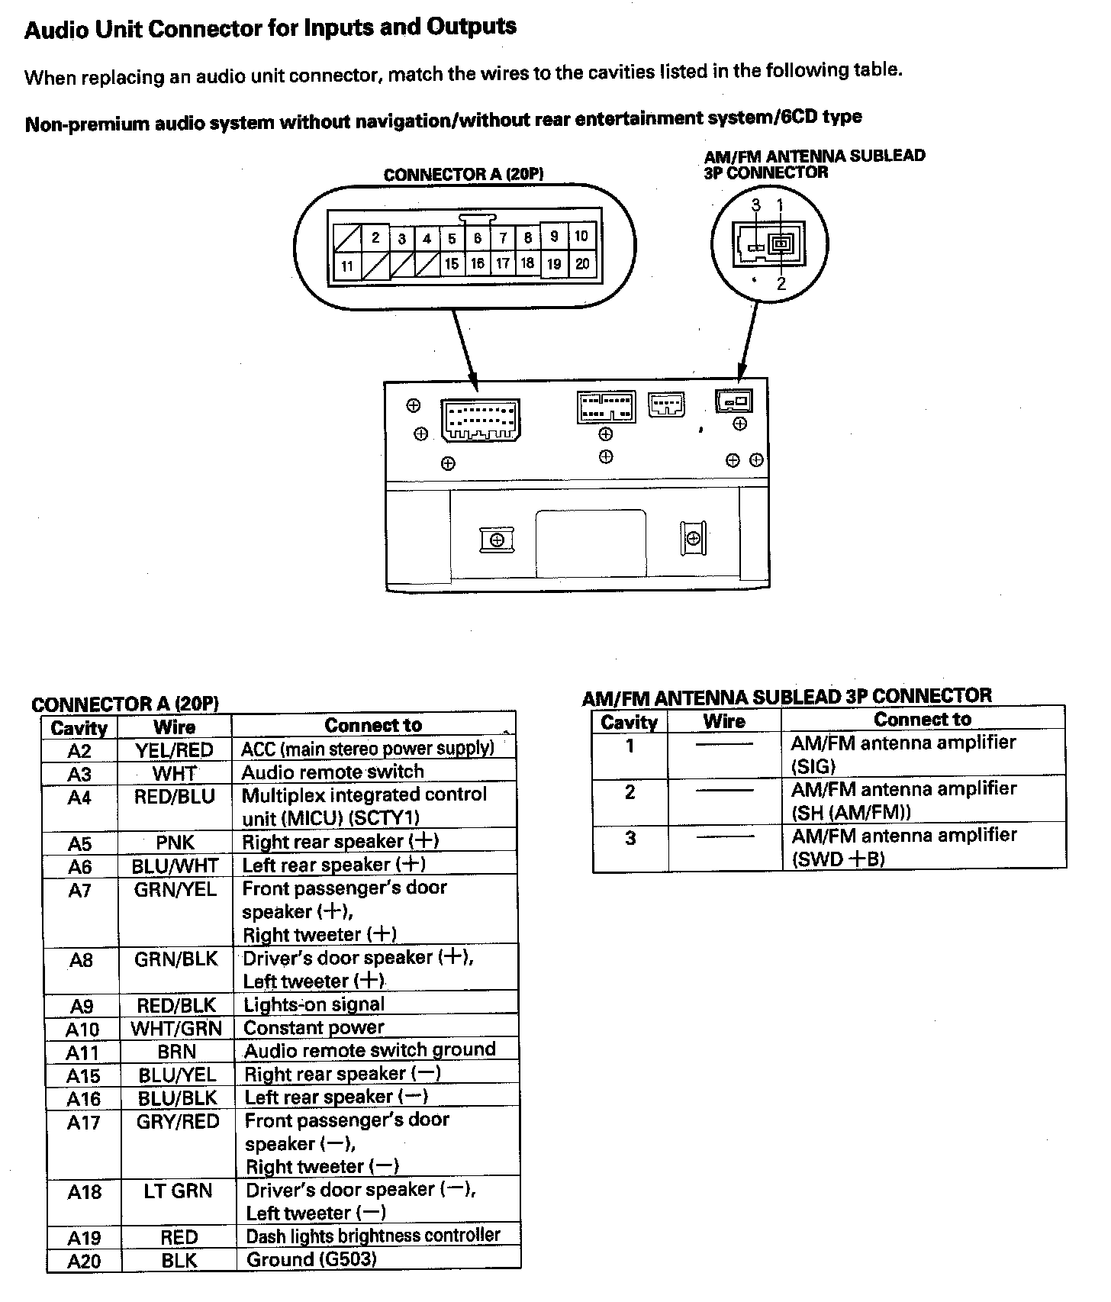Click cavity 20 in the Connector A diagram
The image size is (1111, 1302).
[x=582, y=264]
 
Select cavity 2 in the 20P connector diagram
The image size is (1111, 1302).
[x=375, y=237]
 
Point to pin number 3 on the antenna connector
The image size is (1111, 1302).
[x=755, y=205]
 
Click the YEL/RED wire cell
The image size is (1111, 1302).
[x=174, y=750]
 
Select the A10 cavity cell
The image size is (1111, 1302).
[x=82, y=1029]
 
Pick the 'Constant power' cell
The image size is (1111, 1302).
[x=314, y=1027]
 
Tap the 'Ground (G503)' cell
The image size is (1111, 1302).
[x=311, y=1259]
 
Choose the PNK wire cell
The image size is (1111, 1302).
[x=175, y=843]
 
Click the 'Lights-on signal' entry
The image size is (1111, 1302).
[x=314, y=1004]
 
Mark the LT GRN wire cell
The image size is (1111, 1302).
[x=178, y=1191]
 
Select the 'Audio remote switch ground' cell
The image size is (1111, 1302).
[x=370, y=1050]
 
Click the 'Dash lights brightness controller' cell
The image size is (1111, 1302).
[x=373, y=1236]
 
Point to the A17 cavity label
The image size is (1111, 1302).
[x=83, y=1122]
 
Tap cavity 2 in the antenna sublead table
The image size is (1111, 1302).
[x=630, y=792]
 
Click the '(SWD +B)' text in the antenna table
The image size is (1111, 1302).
[x=839, y=859]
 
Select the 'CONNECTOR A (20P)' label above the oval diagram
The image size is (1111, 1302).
[x=463, y=175]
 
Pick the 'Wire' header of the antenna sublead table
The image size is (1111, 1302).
[x=723, y=721]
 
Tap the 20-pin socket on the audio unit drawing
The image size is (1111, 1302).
[x=480, y=420]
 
